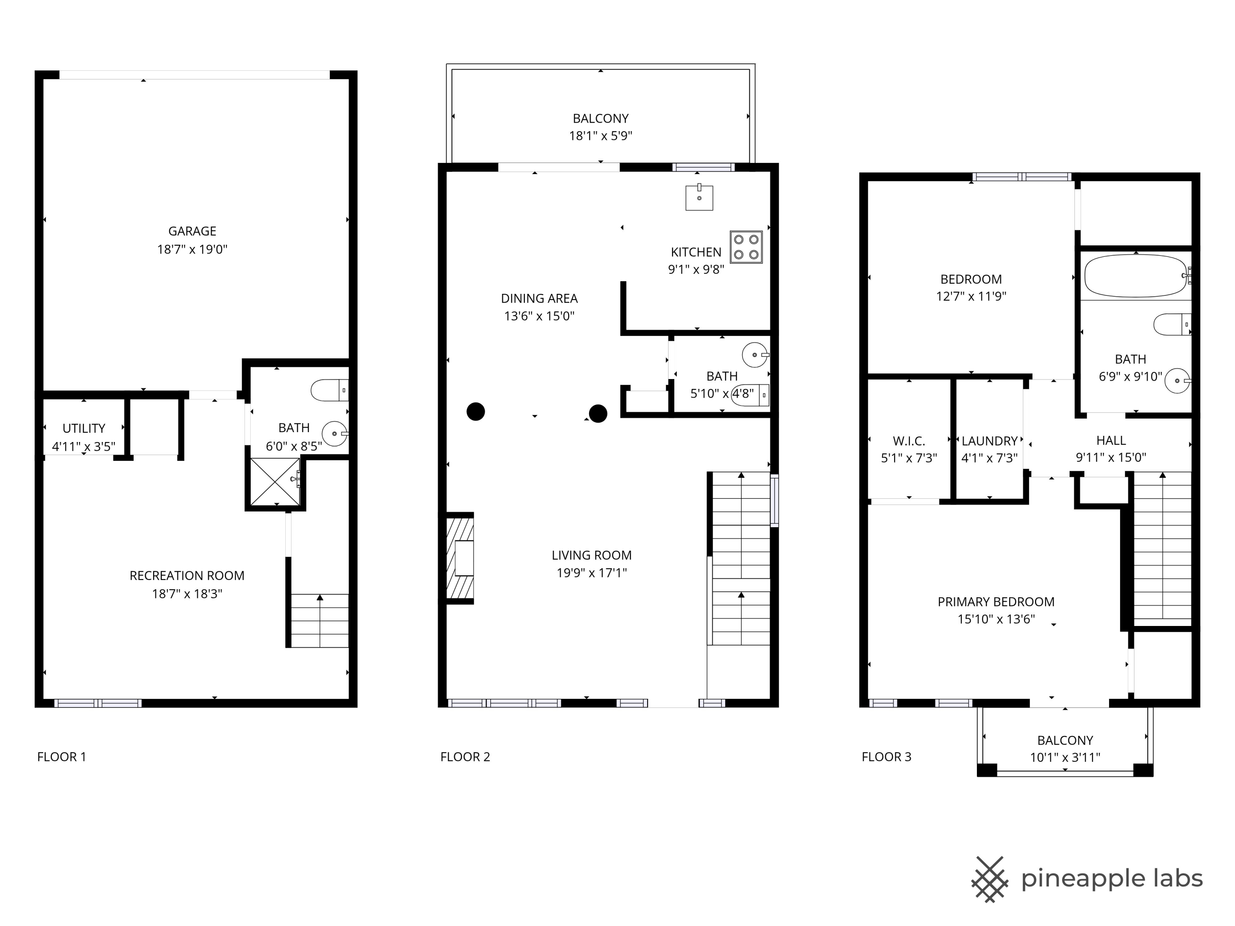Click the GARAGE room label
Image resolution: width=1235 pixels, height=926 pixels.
(x=192, y=230)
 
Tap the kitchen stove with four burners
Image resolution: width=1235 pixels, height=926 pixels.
(x=746, y=247)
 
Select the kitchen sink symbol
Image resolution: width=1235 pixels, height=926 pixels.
(x=699, y=198)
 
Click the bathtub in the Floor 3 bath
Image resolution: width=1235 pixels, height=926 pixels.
(x=1135, y=276)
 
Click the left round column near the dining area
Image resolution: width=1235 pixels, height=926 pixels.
(x=476, y=412)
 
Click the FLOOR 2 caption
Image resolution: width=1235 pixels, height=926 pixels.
(x=465, y=757)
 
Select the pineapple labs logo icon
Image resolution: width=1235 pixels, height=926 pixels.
(x=989, y=879)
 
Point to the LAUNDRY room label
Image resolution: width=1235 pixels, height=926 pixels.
(x=989, y=441)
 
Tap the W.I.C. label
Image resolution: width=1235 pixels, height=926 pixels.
(x=909, y=441)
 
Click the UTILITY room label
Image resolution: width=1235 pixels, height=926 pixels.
(x=84, y=428)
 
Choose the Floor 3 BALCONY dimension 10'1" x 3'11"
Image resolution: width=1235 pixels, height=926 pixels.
(x=1065, y=757)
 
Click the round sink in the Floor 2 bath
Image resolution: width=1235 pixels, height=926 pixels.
(x=754, y=354)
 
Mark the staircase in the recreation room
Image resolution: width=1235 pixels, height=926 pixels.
(x=320, y=620)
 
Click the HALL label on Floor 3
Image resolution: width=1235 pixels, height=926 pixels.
(x=1111, y=440)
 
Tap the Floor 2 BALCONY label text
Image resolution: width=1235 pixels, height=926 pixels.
(x=600, y=119)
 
